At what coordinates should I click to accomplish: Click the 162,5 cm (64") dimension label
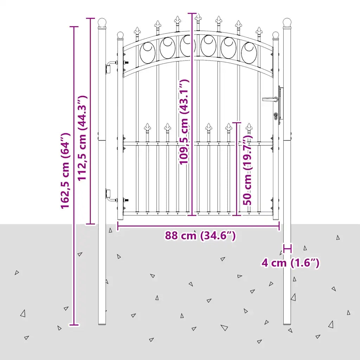click(65, 171)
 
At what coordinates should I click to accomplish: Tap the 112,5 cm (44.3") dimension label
click(82, 138)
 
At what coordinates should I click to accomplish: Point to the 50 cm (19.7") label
click(247, 170)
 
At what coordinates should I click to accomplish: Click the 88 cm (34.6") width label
click(200, 236)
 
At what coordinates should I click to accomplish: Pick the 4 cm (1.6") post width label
click(290, 263)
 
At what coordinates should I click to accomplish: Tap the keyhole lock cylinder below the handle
click(276, 116)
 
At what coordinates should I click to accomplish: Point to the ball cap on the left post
click(102, 23)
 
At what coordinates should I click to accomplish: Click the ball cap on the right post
click(287, 23)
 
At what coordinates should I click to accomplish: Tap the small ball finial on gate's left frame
click(120, 36)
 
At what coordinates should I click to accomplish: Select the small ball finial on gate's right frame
click(276, 36)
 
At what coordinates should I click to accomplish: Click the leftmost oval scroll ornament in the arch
click(147, 53)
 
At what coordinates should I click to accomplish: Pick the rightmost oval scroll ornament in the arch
click(249, 53)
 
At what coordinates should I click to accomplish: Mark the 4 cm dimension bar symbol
click(287, 249)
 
